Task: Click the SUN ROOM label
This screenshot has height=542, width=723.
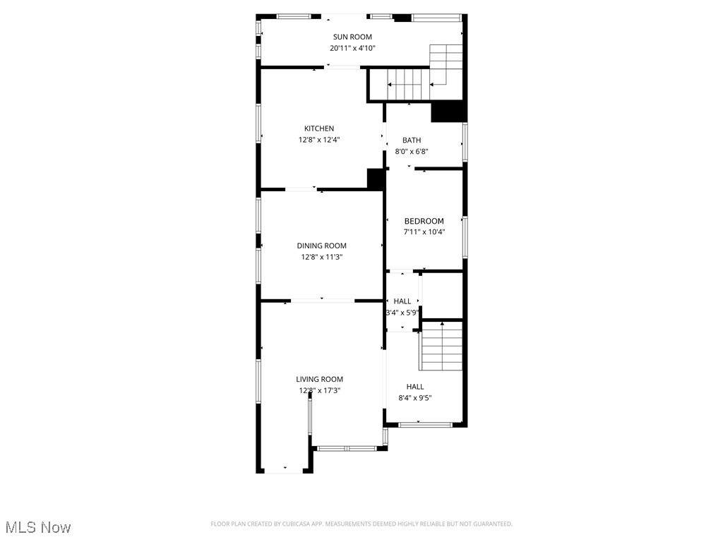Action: (352, 37)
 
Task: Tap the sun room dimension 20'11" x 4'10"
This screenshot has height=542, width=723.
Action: (352, 48)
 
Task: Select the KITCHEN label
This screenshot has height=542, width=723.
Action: (319, 128)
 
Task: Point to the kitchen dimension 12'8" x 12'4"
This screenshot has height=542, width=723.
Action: (319, 140)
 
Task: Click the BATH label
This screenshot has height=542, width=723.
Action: (412, 140)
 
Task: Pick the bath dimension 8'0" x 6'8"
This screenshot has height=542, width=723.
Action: (412, 151)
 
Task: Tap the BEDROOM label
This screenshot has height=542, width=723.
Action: (424, 221)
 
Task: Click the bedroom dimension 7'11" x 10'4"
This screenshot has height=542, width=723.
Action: (424, 231)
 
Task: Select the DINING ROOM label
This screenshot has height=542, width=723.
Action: (321, 246)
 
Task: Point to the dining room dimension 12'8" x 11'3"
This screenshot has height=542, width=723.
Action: (321, 257)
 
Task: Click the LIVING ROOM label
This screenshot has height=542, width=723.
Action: (319, 379)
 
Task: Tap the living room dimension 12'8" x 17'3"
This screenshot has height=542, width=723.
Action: (319, 390)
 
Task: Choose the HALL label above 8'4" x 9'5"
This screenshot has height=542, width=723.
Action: (415, 386)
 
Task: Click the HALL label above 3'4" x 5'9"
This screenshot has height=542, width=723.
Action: (402, 301)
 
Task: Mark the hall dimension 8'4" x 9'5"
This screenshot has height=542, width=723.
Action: (415, 397)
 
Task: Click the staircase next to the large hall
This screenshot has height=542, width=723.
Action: (442, 346)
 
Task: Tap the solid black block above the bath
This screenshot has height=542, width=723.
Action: (448, 112)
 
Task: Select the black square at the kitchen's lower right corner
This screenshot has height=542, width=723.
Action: (376, 178)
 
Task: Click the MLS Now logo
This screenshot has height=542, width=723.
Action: (38, 527)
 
